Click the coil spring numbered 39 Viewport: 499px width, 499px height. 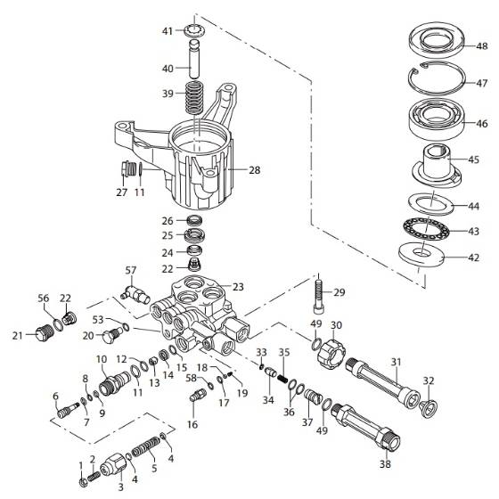coord(193,94)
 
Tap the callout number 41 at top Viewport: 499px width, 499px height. coord(167,31)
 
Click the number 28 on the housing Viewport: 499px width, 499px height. coord(254,168)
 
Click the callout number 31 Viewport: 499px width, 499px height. coord(395,361)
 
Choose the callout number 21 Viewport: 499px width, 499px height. coord(16,335)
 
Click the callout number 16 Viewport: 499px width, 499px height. coord(192,426)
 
